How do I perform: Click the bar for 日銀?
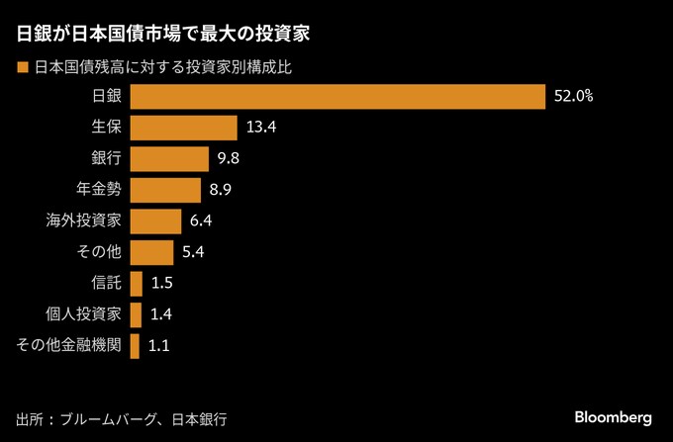click(337, 96)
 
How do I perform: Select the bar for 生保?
click(183, 128)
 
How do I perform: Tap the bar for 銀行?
click(169, 158)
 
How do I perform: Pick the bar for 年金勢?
click(165, 190)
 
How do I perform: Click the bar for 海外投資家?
click(155, 221)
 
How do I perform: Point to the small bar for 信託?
click(136, 284)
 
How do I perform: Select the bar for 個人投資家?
click(136, 314)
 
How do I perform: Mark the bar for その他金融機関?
click(135, 346)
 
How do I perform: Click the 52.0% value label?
click(573, 96)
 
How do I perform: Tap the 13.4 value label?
click(259, 128)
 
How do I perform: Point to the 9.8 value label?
click(230, 158)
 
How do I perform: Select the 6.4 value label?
click(201, 221)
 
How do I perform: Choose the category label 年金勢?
click(97, 190)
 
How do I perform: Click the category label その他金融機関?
click(69, 346)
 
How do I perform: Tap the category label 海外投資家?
click(83, 221)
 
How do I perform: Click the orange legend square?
click(22, 68)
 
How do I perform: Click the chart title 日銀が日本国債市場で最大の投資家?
click(164, 35)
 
